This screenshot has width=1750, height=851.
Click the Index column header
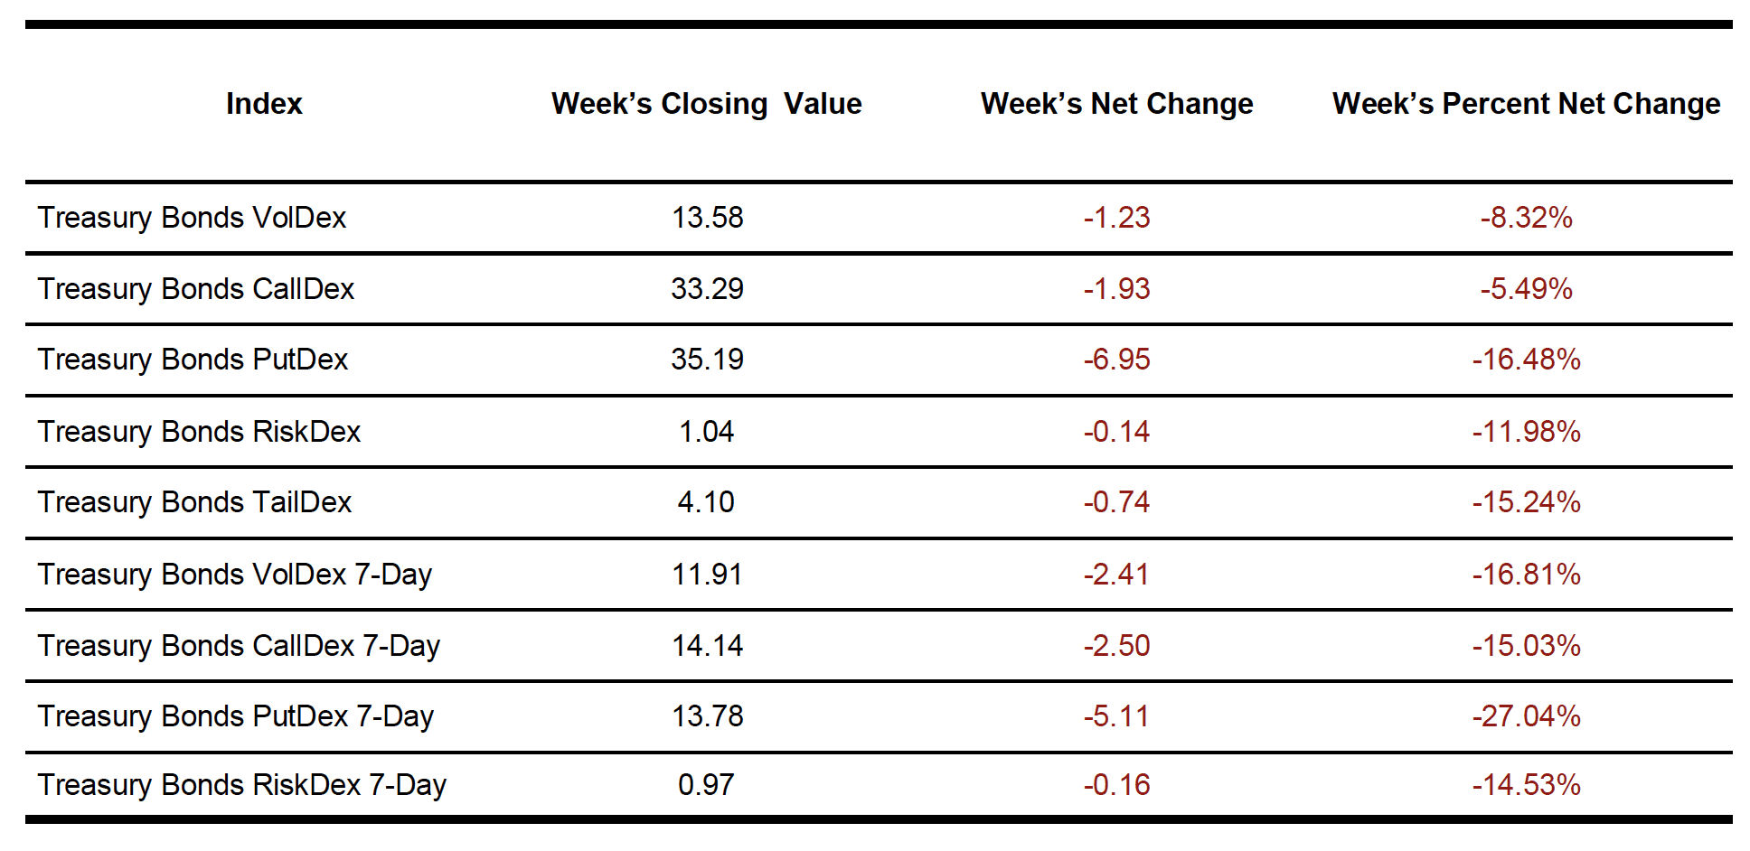coord(264,104)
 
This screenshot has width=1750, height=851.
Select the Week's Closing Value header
coord(706,104)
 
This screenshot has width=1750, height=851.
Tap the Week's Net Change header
coord(1116,104)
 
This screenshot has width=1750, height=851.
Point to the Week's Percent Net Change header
coord(1526,104)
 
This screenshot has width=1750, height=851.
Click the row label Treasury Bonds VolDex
coord(192,218)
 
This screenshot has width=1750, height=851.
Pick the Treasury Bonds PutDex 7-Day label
coord(235,716)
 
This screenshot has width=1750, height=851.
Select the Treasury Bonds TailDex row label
coord(194,502)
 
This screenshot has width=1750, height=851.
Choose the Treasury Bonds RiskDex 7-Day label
coord(241,785)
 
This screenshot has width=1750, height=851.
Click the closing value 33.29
coord(707,289)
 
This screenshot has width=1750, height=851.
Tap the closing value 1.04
coord(706,432)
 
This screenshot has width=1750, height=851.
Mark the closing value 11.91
coord(707,575)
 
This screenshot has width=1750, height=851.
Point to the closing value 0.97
coord(706,785)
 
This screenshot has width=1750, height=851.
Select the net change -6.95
coord(1116,360)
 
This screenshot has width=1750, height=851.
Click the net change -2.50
coord(1116,646)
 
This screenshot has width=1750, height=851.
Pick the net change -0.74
coord(1116,502)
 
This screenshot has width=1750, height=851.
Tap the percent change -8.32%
coord(1526,218)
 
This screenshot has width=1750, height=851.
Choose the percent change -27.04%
coord(1526,716)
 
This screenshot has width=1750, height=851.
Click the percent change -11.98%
coord(1526,432)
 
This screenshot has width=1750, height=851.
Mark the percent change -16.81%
coord(1526,575)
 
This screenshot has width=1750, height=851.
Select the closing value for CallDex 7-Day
coord(707,646)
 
